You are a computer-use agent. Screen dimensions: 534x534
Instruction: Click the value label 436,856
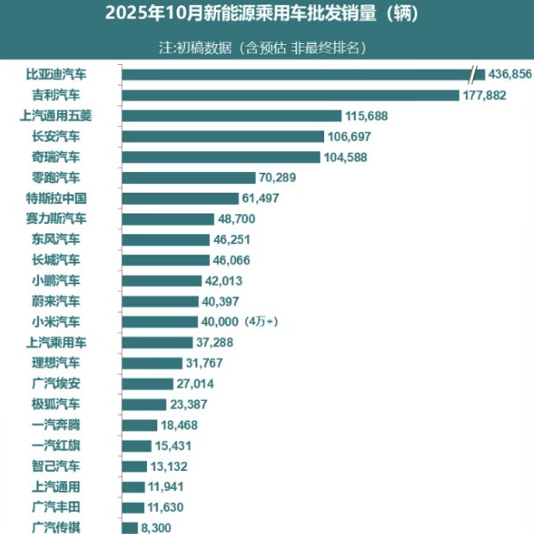510,75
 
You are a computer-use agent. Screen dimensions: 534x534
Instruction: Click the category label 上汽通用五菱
61,115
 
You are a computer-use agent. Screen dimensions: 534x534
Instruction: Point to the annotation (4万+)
261,322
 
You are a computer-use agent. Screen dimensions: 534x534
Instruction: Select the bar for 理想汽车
152,363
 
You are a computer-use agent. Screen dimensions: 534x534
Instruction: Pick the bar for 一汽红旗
137,446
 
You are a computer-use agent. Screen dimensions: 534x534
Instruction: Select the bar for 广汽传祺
130,528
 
